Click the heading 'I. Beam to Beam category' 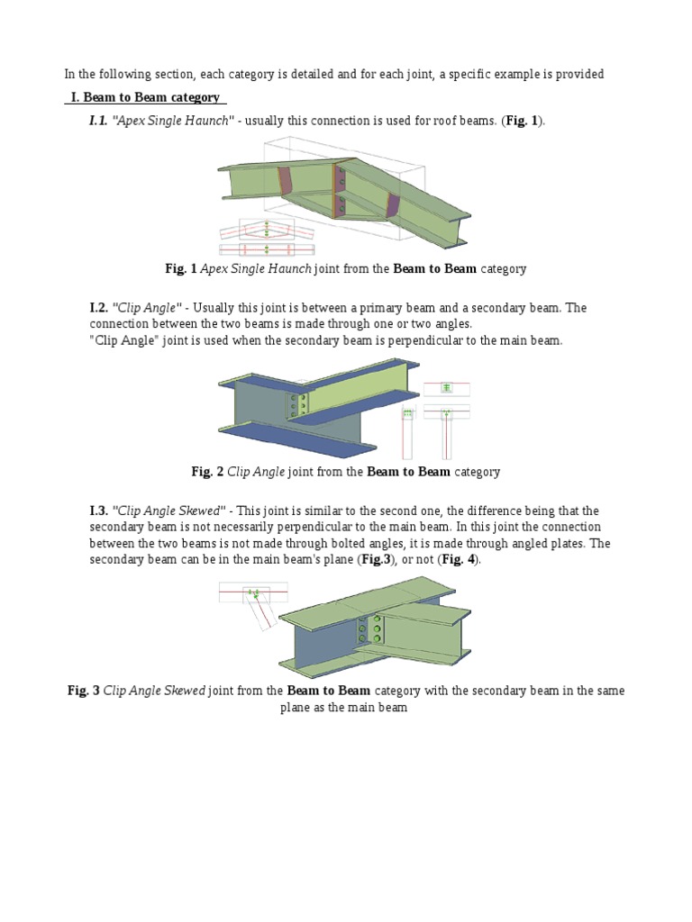tap(147, 97)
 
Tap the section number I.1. tap(98, 121)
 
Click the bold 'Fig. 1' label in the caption tap(180, 268)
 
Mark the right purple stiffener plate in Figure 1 tap(394, 204)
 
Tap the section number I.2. tap(98, 308)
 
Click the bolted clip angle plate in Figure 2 tap(298, 406)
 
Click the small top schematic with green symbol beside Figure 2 tap(446, 388)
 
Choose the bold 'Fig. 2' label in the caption tap(207, 472)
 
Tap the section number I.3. tap(98, 511)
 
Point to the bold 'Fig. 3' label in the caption tap(84, 691)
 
